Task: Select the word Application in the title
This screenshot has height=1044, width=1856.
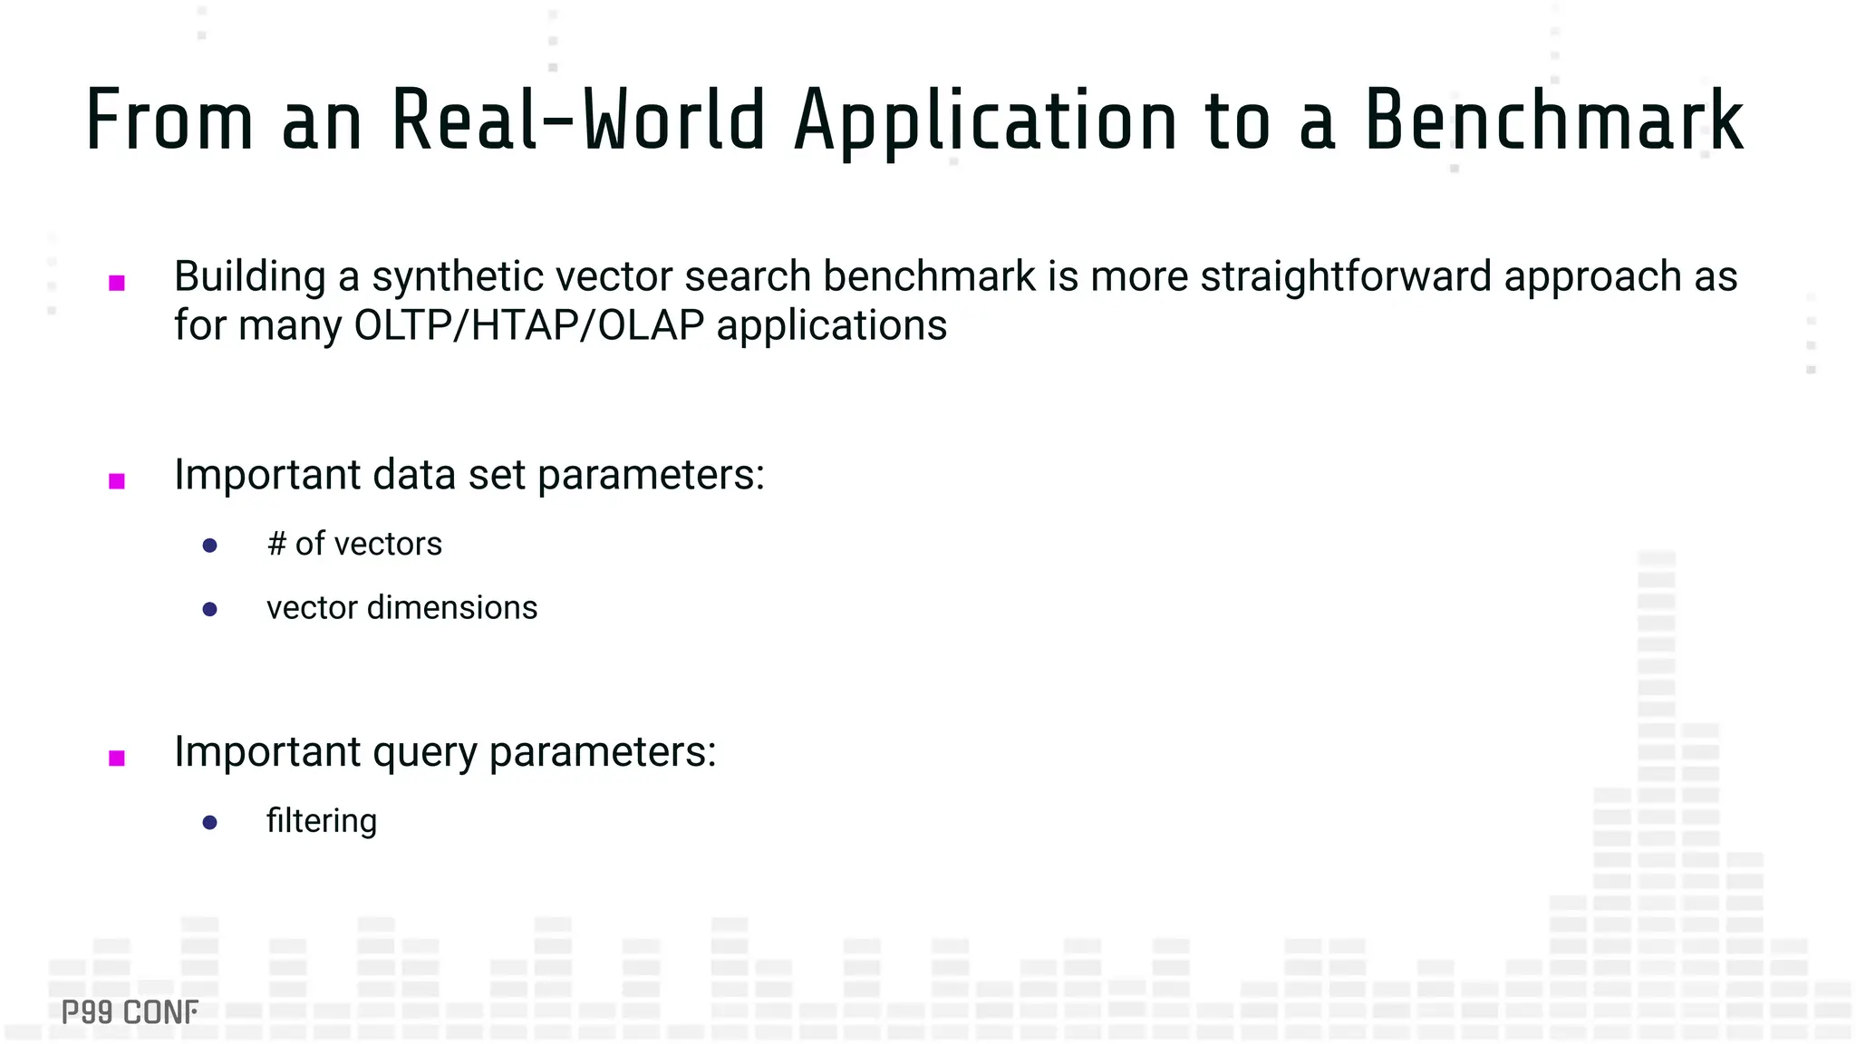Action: [x=986, y=122]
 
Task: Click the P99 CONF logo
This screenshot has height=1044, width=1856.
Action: [x=130, y=1011]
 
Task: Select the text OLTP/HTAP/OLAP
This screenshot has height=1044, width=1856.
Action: [x=529, y=325]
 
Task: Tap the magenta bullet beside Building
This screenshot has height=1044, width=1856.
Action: [x=117, y=283]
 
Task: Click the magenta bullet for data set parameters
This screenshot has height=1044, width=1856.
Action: [x=117, y=480]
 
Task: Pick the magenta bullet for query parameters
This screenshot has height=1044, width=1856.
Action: [x=117, y=758]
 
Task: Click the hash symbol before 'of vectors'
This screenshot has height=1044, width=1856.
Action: [x=276, y=544]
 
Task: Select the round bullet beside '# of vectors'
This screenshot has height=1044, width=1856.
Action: [x=210, y=545]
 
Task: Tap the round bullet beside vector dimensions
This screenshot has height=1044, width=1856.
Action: [x=210, y=609]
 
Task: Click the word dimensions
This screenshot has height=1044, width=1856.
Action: [x=452, y=607]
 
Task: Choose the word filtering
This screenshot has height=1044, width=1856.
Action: [x=322, y=821]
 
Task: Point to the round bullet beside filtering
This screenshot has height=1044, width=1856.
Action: [x=210, y=822]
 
